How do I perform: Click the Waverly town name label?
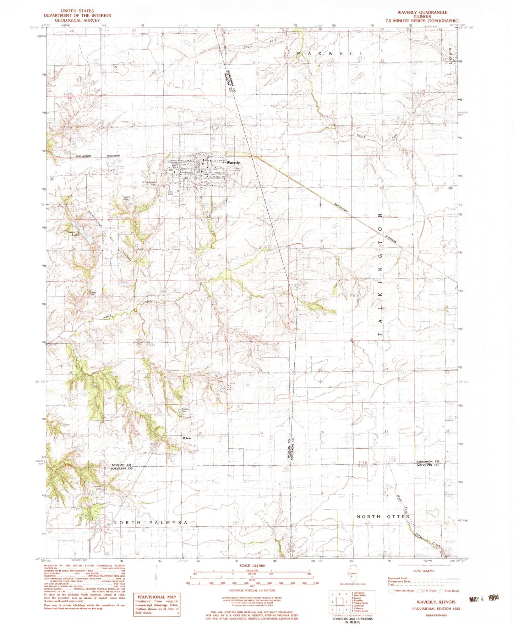(233, 162)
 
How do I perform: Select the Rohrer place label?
(187, 438)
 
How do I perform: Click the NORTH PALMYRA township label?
(150, 522)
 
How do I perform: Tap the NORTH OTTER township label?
(383, 516)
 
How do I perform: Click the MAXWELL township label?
(330, 54)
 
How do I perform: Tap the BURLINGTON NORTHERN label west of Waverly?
(98, 156)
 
